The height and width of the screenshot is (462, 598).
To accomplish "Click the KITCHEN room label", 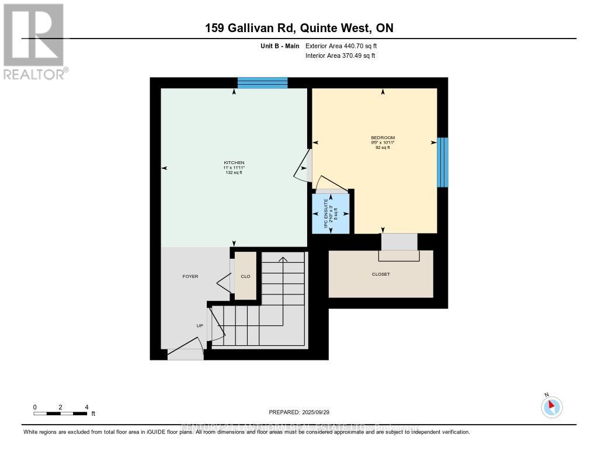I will [234, 162].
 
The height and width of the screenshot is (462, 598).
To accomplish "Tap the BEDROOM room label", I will [383, 138].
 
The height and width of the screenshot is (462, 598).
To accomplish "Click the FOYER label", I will [190, 276].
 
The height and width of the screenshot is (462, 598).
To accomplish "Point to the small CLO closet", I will [245, 276].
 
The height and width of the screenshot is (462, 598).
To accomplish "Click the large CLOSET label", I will [380, 274].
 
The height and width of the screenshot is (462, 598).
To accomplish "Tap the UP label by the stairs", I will [200, 326].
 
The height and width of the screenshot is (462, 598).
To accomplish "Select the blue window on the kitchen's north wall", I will [262, 82].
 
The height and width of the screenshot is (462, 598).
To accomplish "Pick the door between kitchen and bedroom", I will [304, 166].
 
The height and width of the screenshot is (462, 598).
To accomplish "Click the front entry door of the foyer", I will [186, 352].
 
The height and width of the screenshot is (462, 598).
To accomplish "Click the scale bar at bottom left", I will [61, 414].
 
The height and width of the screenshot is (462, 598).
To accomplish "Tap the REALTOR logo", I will [34, 41].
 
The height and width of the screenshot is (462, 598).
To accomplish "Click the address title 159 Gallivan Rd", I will [299, 28].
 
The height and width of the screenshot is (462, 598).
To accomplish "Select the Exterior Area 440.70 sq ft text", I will [345, 46].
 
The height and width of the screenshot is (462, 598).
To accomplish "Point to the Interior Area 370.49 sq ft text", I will [340, 55].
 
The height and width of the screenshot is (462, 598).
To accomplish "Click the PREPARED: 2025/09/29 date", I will [299, 412].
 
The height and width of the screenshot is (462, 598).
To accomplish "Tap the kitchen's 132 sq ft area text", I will [234, 173].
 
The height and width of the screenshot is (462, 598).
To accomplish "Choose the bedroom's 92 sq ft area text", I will [383, 148].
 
